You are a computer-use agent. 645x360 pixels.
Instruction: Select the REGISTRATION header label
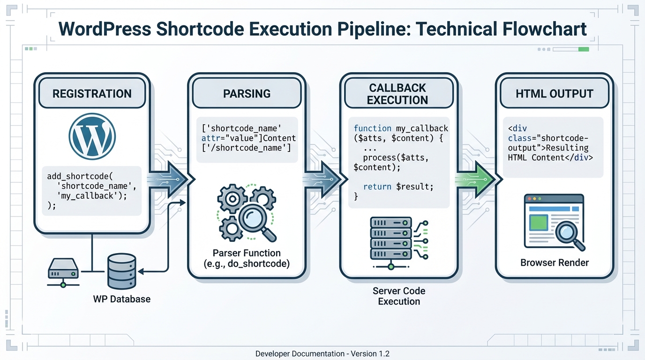[92, 93]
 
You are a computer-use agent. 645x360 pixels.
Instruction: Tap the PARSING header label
[247, 93]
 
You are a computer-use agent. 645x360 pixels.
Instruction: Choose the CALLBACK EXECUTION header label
[397, 94]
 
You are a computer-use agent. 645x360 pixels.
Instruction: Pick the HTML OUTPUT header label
[554, 93]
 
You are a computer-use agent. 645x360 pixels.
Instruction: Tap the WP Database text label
[122, 299]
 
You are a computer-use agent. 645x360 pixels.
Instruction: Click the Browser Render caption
[554, 262]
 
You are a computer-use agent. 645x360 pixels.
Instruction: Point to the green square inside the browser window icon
[538, 222]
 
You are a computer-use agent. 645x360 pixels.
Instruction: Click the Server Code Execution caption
[399, 296]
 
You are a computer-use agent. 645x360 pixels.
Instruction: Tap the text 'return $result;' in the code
[398, 187]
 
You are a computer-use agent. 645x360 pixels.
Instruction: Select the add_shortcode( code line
[80, 176]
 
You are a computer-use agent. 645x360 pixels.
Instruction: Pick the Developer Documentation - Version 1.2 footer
[322, 353]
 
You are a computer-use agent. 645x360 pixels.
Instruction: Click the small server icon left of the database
[63, 271]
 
